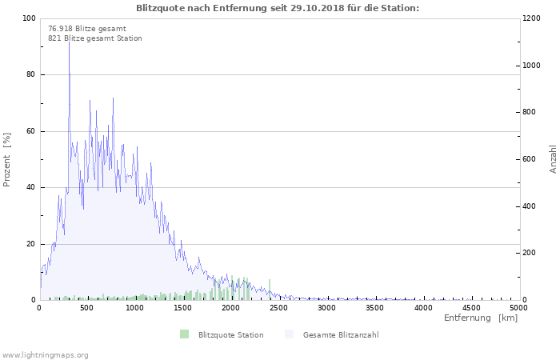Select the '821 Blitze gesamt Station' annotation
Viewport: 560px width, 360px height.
pos(95,38)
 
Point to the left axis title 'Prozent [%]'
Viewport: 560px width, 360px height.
pos(8,160)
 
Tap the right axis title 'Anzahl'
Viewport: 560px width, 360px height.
pos(553,159)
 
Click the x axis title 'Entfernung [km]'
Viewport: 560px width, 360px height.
pos(481,318)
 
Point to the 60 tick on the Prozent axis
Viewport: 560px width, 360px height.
pos(31,131)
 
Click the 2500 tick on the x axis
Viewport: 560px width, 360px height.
pos(279,307)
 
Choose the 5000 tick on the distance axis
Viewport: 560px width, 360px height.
pos(518,307)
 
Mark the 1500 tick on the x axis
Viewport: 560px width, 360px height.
pos(183,307)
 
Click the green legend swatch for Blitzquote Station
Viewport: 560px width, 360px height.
pos(185,334)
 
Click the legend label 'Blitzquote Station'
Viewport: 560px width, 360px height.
pos(230,334)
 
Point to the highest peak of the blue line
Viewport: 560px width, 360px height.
pos(69,40)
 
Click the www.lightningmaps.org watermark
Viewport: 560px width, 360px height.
pos(45,354)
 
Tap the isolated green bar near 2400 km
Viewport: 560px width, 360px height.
pos(270,290)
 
